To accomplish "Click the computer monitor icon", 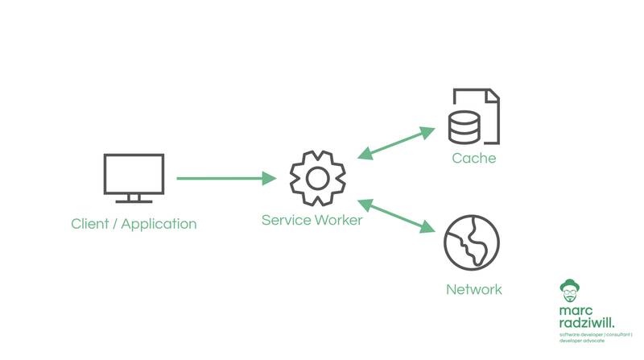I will pyautogui.click(x=134, y=176).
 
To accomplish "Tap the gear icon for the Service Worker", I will pyautogui.click(x=317, y=177).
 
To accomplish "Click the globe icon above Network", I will pyautogui.click(x=473, y=242).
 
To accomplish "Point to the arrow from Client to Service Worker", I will pyautogui.click(x=226, y=178).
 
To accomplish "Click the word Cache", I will pyautogui.click(x=473, y=158).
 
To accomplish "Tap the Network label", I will pyautogui.click(x=473, y=289).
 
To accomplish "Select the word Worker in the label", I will pyautogui.click(x=337, y=219).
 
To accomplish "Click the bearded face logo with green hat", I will pyautogui.click(x=570, y=292).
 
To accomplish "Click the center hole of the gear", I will pyautogui.click(x=317, y=177).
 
